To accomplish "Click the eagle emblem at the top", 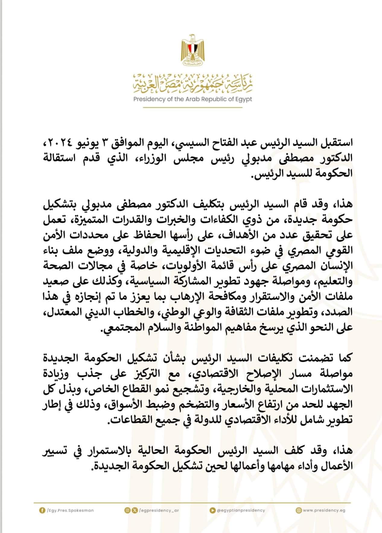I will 191,50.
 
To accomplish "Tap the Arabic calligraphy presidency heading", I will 193,83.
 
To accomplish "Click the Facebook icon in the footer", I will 42,511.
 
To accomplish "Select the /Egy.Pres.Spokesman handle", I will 70,511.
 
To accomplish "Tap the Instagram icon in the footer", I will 127,511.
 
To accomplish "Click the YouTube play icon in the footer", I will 213,511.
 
